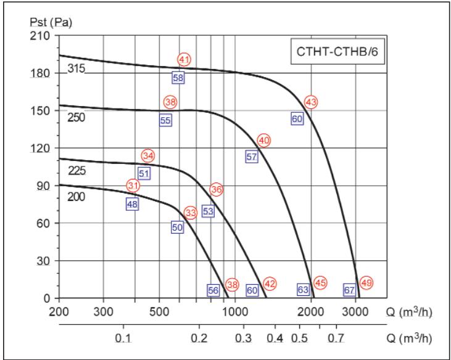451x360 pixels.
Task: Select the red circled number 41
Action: (184, 60)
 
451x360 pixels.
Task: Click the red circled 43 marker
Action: (311, 102)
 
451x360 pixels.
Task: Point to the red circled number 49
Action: (366, 283)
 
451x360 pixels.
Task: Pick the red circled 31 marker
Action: (133, 186)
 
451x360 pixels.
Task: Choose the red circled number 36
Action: (216, 189)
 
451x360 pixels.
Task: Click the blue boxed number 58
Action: (178, 78)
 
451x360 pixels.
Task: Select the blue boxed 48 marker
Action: (132, 204)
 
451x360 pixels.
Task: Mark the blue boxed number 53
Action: (208, 211)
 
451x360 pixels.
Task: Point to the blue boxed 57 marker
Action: (251, 157)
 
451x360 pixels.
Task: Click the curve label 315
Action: (75, 68)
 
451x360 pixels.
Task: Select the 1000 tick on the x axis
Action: (234, 311)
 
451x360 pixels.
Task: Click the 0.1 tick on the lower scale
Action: (123, 338)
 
